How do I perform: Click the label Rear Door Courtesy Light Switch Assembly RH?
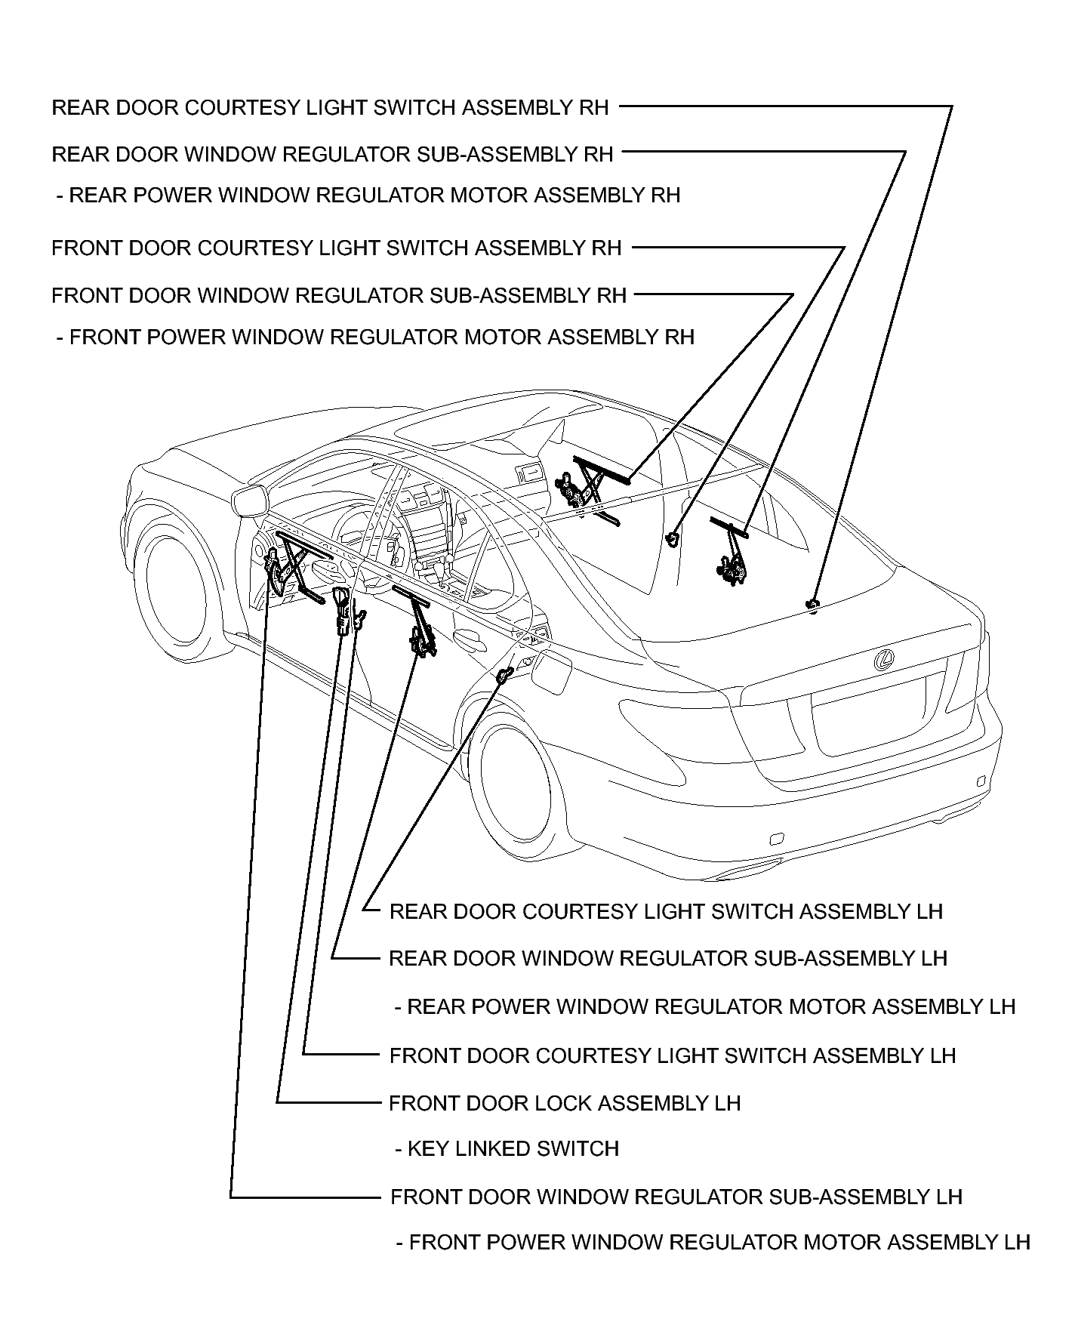tap(330, 107)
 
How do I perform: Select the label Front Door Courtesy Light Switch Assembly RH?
tap(336, 248)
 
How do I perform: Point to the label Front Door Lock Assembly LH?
tap(564, 1103)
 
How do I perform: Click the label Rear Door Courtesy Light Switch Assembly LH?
tap(666, 911)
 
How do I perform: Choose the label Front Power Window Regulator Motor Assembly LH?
tap(713, 1242)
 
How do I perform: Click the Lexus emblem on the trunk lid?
tap(884, 661)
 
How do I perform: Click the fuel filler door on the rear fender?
tap(550, 670)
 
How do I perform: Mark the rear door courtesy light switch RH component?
tap(813, 603)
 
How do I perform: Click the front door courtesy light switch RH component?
tap(671, 538)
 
